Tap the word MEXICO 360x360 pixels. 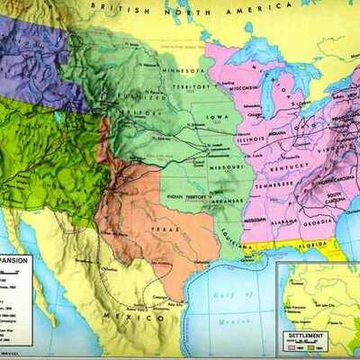(x=121, y=318)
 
